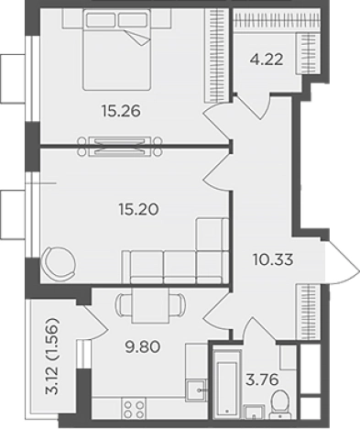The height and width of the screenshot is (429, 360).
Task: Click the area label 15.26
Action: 121,111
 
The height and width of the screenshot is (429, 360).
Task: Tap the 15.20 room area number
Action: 138,210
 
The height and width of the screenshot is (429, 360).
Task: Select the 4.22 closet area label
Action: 267,60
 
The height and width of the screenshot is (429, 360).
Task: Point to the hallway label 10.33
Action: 273,259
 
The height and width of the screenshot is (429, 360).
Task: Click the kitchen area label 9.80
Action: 143,346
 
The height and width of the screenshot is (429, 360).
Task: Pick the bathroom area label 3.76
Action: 262,379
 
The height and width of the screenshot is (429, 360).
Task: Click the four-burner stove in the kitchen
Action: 134,408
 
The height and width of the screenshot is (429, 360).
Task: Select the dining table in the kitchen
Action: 150,306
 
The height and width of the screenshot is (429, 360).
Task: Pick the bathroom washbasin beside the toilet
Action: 255,412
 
